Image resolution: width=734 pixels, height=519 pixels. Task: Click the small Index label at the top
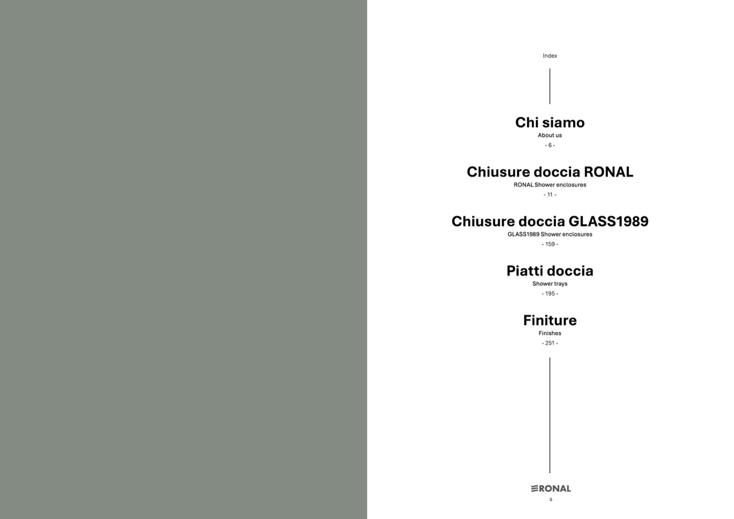549,56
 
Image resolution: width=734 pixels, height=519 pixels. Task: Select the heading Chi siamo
549,122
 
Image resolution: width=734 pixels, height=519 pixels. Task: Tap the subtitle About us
549,135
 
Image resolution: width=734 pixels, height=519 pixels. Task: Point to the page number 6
549,145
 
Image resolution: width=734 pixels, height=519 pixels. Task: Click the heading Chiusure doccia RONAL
549,172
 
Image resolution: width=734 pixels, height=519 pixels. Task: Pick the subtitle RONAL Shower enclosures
549,185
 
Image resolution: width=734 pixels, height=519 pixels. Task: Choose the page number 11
549,195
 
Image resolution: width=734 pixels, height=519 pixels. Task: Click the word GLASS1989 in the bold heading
608,221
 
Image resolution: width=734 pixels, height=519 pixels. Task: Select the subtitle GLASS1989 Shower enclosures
549,234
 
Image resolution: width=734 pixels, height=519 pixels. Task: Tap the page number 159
549,244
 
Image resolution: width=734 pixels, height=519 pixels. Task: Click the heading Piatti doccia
549,271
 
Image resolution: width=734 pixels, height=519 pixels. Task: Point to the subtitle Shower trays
549,284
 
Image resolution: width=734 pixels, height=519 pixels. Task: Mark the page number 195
549,293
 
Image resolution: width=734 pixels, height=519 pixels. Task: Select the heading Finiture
549,320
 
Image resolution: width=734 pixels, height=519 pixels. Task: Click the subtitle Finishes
549,333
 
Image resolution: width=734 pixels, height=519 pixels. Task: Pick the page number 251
549,343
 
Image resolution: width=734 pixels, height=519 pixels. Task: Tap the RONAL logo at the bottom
550,489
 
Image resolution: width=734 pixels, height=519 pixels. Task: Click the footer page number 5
550,500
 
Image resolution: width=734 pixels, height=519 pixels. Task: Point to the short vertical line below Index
549,86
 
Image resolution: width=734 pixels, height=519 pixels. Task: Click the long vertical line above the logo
549,416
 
